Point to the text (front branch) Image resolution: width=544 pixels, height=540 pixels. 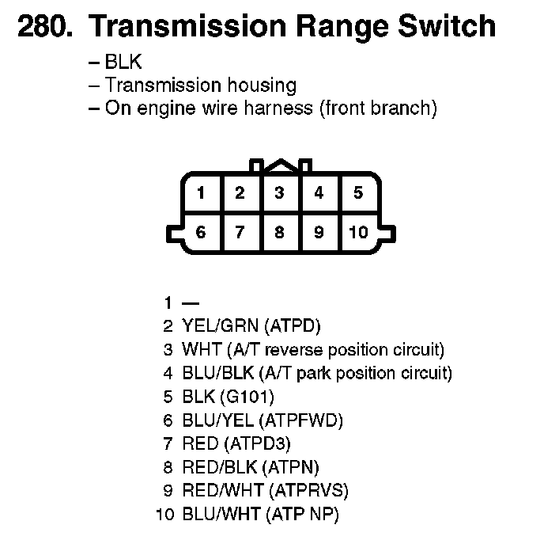point(378,108)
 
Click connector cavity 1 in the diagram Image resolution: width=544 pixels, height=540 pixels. point(202,192)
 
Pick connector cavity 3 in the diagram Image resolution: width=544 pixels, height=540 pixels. point(279,192)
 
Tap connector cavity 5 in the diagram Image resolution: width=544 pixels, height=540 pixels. point(358,192)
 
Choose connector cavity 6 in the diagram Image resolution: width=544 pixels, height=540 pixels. point(202,232)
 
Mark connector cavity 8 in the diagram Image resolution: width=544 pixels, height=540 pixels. point(279,232)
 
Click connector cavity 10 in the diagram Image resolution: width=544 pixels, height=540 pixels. point(358,232)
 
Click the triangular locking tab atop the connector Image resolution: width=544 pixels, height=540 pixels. point(279,165)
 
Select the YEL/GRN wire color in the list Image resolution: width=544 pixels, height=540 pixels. point(221,325)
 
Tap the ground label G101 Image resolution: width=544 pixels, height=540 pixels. point(249,397)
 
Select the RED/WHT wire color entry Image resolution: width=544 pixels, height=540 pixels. point(223,491)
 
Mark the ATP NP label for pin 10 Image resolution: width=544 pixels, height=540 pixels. point(305,515)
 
